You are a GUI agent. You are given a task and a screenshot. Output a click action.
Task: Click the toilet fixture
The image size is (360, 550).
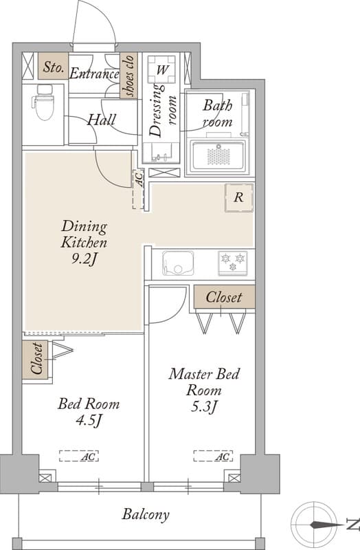(x=44, y=102)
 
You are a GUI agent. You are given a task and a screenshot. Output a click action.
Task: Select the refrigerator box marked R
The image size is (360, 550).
(x=239, y=197)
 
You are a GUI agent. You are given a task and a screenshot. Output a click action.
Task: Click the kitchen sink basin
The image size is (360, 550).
(x=178, y=263)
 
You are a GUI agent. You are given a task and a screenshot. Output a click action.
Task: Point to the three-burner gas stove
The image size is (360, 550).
(x=232, y=263)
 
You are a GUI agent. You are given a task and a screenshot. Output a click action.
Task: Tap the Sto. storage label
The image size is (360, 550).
(x=54, y=67)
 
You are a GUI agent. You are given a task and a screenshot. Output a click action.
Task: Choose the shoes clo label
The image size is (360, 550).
(x=129, y=76)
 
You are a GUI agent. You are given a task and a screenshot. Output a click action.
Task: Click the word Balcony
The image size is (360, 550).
(x=146, y=514)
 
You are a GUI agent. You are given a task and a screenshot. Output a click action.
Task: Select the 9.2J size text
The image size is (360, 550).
(x=84, y=259)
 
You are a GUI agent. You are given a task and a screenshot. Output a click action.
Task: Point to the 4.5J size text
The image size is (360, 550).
(x=89, y=420)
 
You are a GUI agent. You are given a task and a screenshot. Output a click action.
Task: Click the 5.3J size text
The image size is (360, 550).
(x=203, y=407)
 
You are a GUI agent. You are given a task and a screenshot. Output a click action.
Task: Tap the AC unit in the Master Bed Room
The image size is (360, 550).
(x=213, y=456)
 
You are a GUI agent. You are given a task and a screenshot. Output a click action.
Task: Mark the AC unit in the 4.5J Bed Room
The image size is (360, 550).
(x=78, y=456)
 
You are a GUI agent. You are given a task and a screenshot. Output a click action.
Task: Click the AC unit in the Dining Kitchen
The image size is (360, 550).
(x=139, y=190)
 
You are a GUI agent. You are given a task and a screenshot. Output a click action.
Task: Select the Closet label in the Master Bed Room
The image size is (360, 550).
(x=224, y=297)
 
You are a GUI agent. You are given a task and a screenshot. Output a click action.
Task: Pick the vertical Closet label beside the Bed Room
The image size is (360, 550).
(x=37, y=358)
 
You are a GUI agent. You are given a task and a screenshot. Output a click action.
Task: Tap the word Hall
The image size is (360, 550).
(x=101, y=120)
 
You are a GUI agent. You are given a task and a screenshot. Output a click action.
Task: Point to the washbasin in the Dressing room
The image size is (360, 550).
(x=161, y=152)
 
